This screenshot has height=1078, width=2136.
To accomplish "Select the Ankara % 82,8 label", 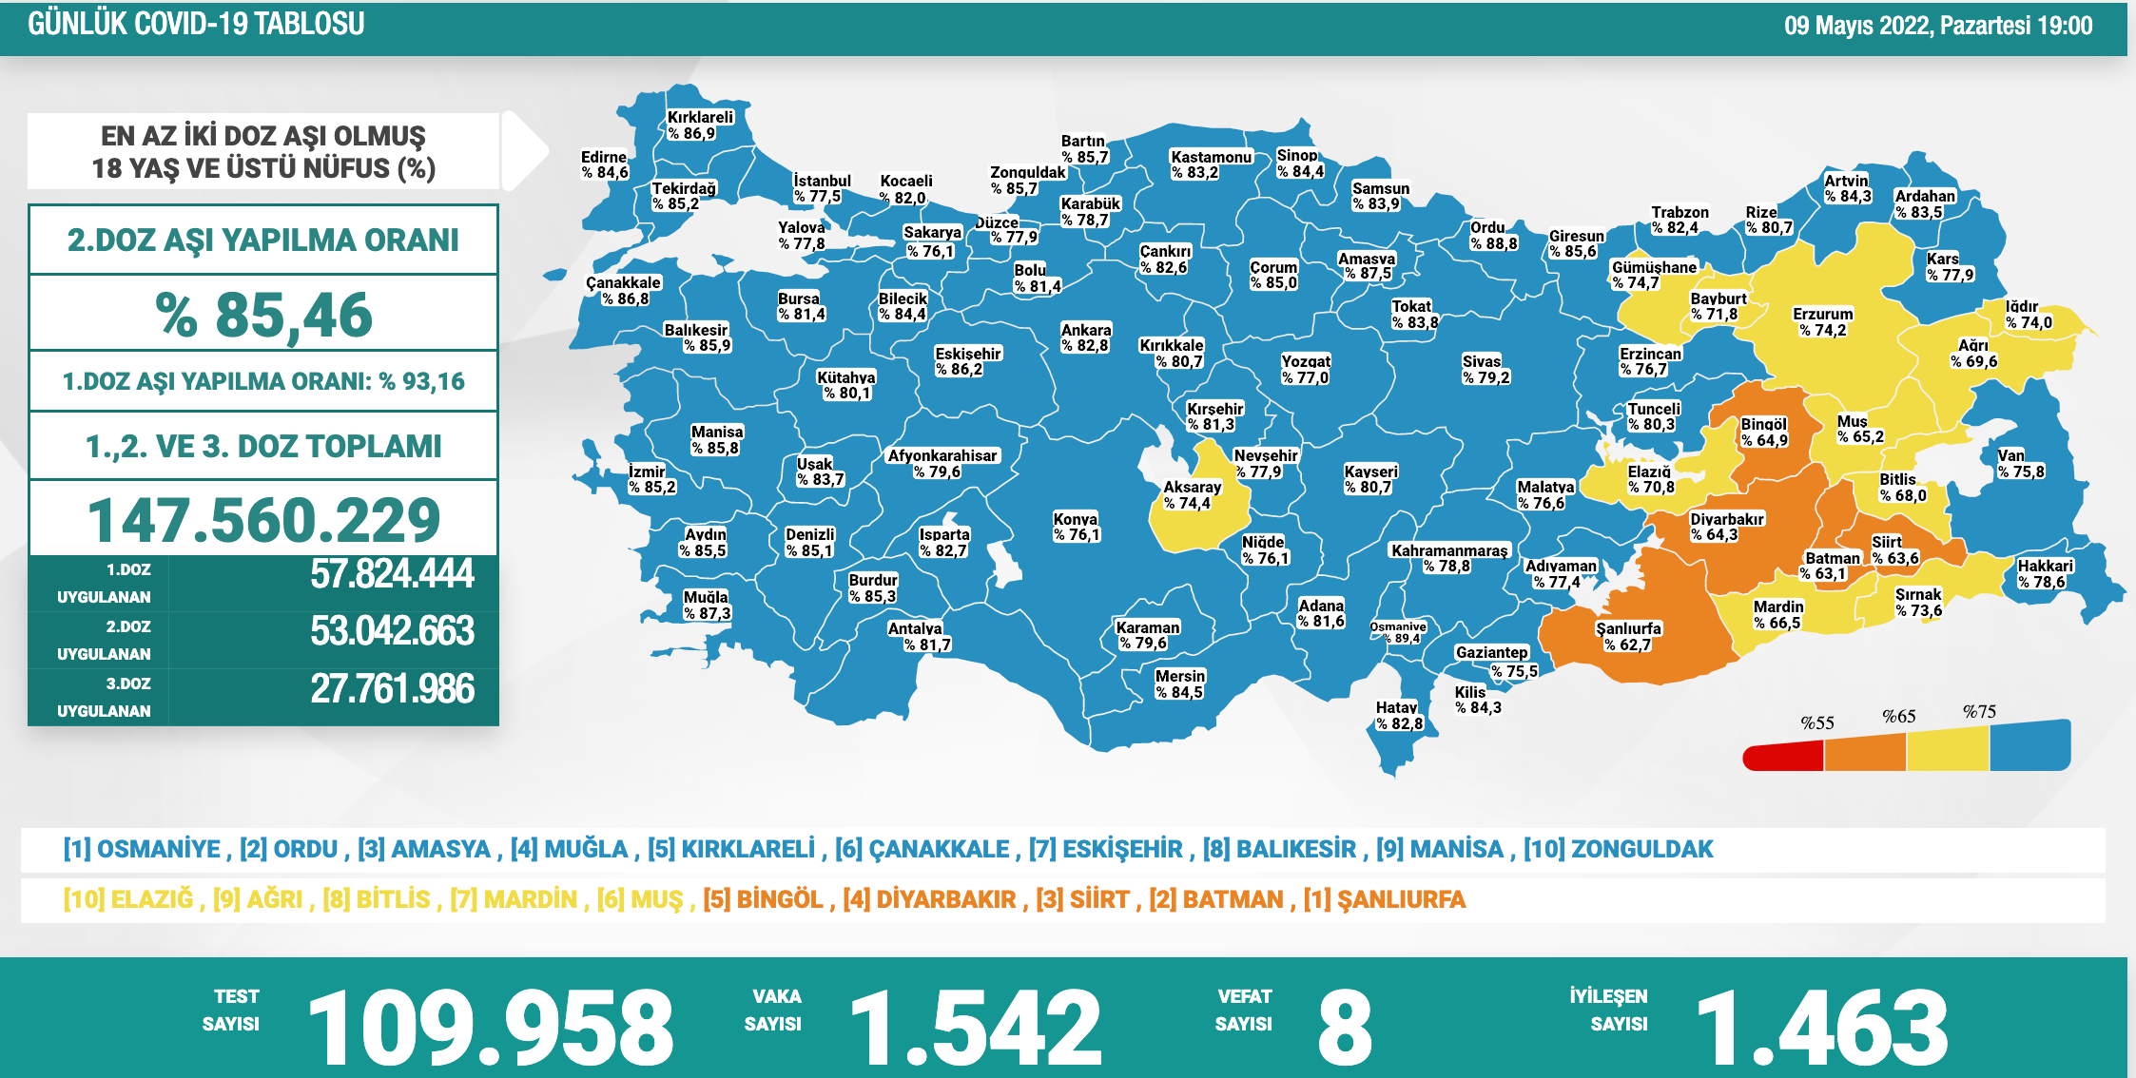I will point(1085,337).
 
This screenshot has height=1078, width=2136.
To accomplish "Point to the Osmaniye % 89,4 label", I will point(1398,632).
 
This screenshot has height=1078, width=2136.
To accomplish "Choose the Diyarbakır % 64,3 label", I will point(1726,527).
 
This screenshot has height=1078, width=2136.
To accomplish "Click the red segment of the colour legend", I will point(1783,756).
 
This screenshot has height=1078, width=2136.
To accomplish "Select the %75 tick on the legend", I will point(1979,712).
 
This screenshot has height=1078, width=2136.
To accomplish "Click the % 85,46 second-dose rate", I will point(263,315).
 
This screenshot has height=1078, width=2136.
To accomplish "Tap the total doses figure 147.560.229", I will point(263,520).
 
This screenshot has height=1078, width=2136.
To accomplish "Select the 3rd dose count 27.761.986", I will point(392,689).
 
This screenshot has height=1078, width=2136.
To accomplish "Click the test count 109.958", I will point(491,1028).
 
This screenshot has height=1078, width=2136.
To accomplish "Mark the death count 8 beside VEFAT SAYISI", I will point(1345,1028).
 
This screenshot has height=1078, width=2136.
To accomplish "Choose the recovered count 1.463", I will point(1822,1028).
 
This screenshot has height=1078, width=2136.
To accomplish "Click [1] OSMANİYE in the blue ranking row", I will point(142,849).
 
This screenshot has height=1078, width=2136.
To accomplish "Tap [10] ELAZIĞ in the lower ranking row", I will point(128,899).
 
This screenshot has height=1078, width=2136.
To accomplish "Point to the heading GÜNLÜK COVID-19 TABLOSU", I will point(196,24).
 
